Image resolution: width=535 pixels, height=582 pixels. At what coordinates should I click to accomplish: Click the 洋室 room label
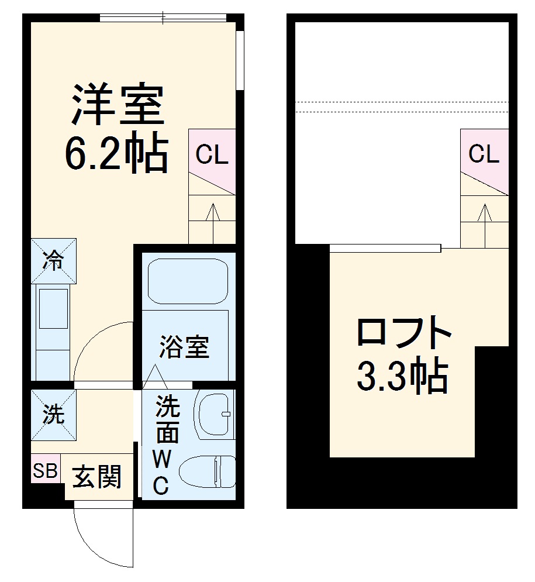pos(117,105)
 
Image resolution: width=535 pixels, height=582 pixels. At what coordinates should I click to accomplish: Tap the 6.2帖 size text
pos(117,154)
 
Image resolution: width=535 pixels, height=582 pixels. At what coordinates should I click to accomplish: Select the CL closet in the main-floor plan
pos(212,156)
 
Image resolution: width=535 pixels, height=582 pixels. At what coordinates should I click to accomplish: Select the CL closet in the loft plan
pos(484,154)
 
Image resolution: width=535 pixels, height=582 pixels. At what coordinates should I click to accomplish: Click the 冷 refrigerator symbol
pos(53,261)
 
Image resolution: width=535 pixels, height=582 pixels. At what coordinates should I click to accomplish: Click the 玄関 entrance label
pos(97,477)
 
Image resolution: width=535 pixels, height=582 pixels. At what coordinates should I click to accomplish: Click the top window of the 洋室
pos(164,18)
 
